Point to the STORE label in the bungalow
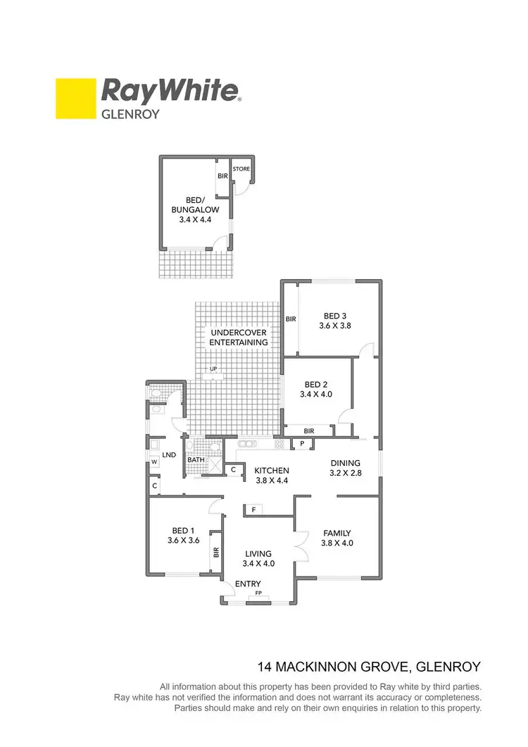(241, 169)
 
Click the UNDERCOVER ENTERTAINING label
(239, 337)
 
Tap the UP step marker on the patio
(212, 369)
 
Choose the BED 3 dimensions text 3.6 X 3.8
(335, 326)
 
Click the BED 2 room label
(317, 384)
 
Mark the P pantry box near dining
(302, 443)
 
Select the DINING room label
(346, 463)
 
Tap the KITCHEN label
(272, 470)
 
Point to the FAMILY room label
(337, 533)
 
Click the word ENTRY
(248, 584)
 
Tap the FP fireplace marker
(258, 594)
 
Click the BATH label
(195, 460)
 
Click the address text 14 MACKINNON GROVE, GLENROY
(370, 666)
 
